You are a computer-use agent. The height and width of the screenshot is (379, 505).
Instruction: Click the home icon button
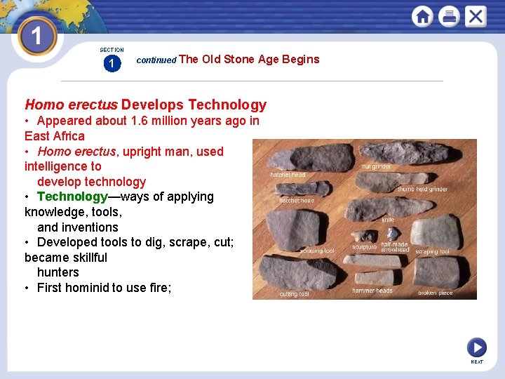coord(422,16)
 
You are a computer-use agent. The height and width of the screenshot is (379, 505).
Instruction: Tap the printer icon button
coord(449,16)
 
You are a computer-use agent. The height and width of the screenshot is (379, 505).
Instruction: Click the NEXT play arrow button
coord(476,347)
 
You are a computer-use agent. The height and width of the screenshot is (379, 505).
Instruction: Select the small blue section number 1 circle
coord(112,64)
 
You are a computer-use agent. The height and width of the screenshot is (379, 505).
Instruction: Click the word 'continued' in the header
coord(156,60)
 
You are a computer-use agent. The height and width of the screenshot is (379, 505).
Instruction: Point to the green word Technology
coord(71,197)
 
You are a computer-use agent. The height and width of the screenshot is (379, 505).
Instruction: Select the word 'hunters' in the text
coord(58,272)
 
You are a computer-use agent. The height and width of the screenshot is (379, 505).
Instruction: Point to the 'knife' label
coord(388,220)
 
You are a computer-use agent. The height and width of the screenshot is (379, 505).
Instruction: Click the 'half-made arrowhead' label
coord(395,247)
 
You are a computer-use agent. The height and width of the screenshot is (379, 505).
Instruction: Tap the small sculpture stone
coord(361,237)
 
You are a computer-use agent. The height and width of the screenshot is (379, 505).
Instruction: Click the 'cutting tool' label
coord(294,294)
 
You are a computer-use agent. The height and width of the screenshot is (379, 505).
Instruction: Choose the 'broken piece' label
coord(436,293)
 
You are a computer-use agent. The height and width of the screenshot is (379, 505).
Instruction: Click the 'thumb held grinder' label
coord(422,189)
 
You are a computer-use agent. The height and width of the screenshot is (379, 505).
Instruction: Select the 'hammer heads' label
coord(372,291)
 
